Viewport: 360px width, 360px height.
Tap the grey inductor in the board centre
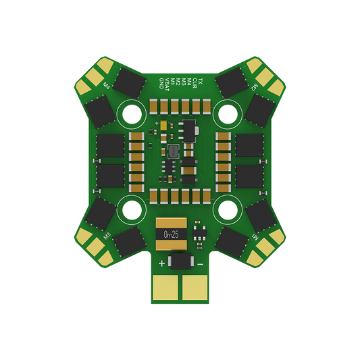coord(174,151)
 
